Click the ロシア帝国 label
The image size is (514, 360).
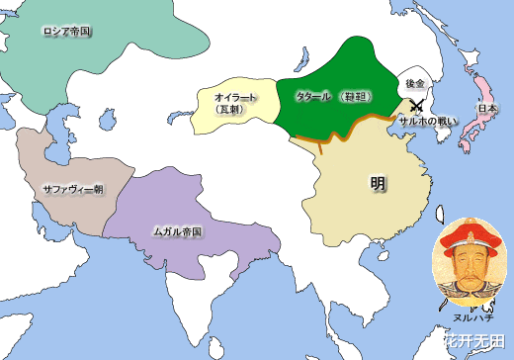tap(67, 32)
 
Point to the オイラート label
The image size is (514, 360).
tap(236, 97)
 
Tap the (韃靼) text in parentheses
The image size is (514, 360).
tap(354, 97)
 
